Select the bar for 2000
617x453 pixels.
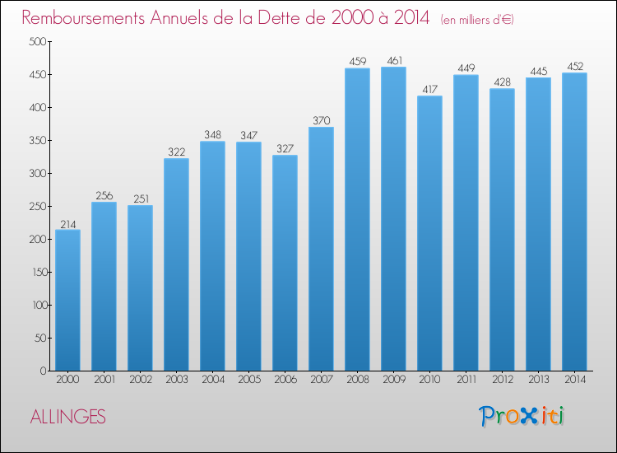pos(67,300)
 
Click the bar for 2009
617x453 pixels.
pos(393,218)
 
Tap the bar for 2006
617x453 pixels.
pos(285,263)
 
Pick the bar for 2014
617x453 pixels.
pos(574,222)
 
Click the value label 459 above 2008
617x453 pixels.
pos(358,62)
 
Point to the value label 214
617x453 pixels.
pos(68,225)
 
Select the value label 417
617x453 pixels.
pos(429,90)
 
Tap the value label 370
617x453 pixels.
pos(322,120)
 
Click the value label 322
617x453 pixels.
pos(176,152)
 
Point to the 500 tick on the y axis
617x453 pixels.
pos(37,41)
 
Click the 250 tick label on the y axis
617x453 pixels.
pos(37,207)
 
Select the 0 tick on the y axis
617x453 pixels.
pos(43,371)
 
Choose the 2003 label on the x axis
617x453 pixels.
pos(177,380)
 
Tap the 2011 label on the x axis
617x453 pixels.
pos(466,380)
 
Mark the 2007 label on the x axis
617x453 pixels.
pos(322,380)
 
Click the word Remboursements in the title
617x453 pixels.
pos(83,18)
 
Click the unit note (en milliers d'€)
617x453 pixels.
pos(477,20)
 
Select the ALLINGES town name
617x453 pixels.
pos(68,417)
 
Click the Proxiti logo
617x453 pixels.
pos(522,416)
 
